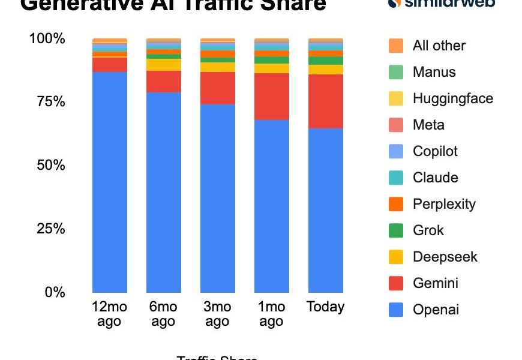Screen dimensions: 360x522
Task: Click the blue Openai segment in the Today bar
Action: click(326, 210)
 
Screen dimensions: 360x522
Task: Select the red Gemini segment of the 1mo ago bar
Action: click(272, 97)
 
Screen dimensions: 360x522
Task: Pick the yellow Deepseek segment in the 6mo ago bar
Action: click(164, 65)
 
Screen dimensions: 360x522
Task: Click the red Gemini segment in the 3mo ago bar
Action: click(218, 88)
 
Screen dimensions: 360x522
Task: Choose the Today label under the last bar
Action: click(326, 307)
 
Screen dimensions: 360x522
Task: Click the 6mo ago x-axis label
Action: click(163, 314)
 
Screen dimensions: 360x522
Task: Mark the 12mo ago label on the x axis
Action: click(109, 314)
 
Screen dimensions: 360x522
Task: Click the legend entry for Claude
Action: click(435, 178)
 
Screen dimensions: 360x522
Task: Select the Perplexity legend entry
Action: click(444, 204)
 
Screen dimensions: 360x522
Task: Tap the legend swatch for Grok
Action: click(396, 230)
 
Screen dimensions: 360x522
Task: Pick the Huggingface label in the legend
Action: click(452, 98)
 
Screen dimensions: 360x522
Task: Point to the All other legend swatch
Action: click(396, 46)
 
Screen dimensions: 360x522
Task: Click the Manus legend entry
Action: click(434, 72)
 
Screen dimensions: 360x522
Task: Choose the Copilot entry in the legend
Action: click(435, 151)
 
